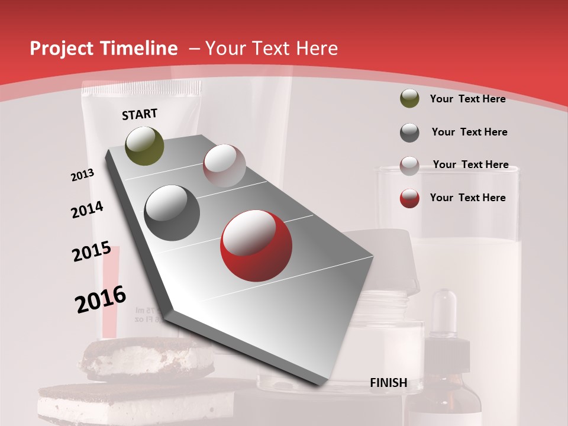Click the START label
point(140,114)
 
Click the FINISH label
point(388,383)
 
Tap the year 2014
point(88,210)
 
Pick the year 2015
point(92,251)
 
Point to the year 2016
point(101,299)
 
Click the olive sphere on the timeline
point(144,146)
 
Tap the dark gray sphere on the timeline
point(172,213)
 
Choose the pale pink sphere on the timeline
point(224,166)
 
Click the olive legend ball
point(409,99)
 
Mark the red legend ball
point(409,198)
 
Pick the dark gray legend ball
point(409,133)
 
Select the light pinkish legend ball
point(409,166)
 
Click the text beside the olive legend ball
point(467,99)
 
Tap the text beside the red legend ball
point(467,198)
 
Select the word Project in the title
point(62,49)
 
